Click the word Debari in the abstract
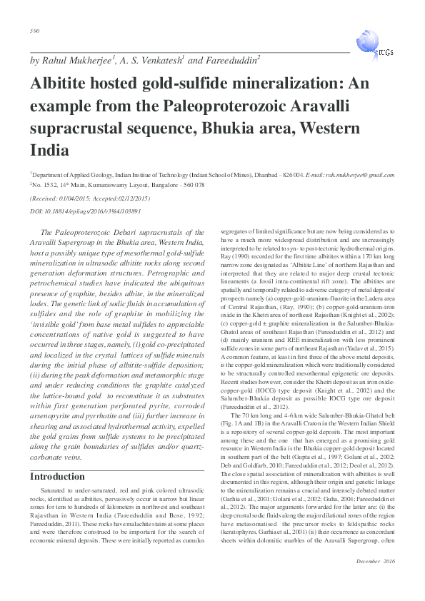138,232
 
